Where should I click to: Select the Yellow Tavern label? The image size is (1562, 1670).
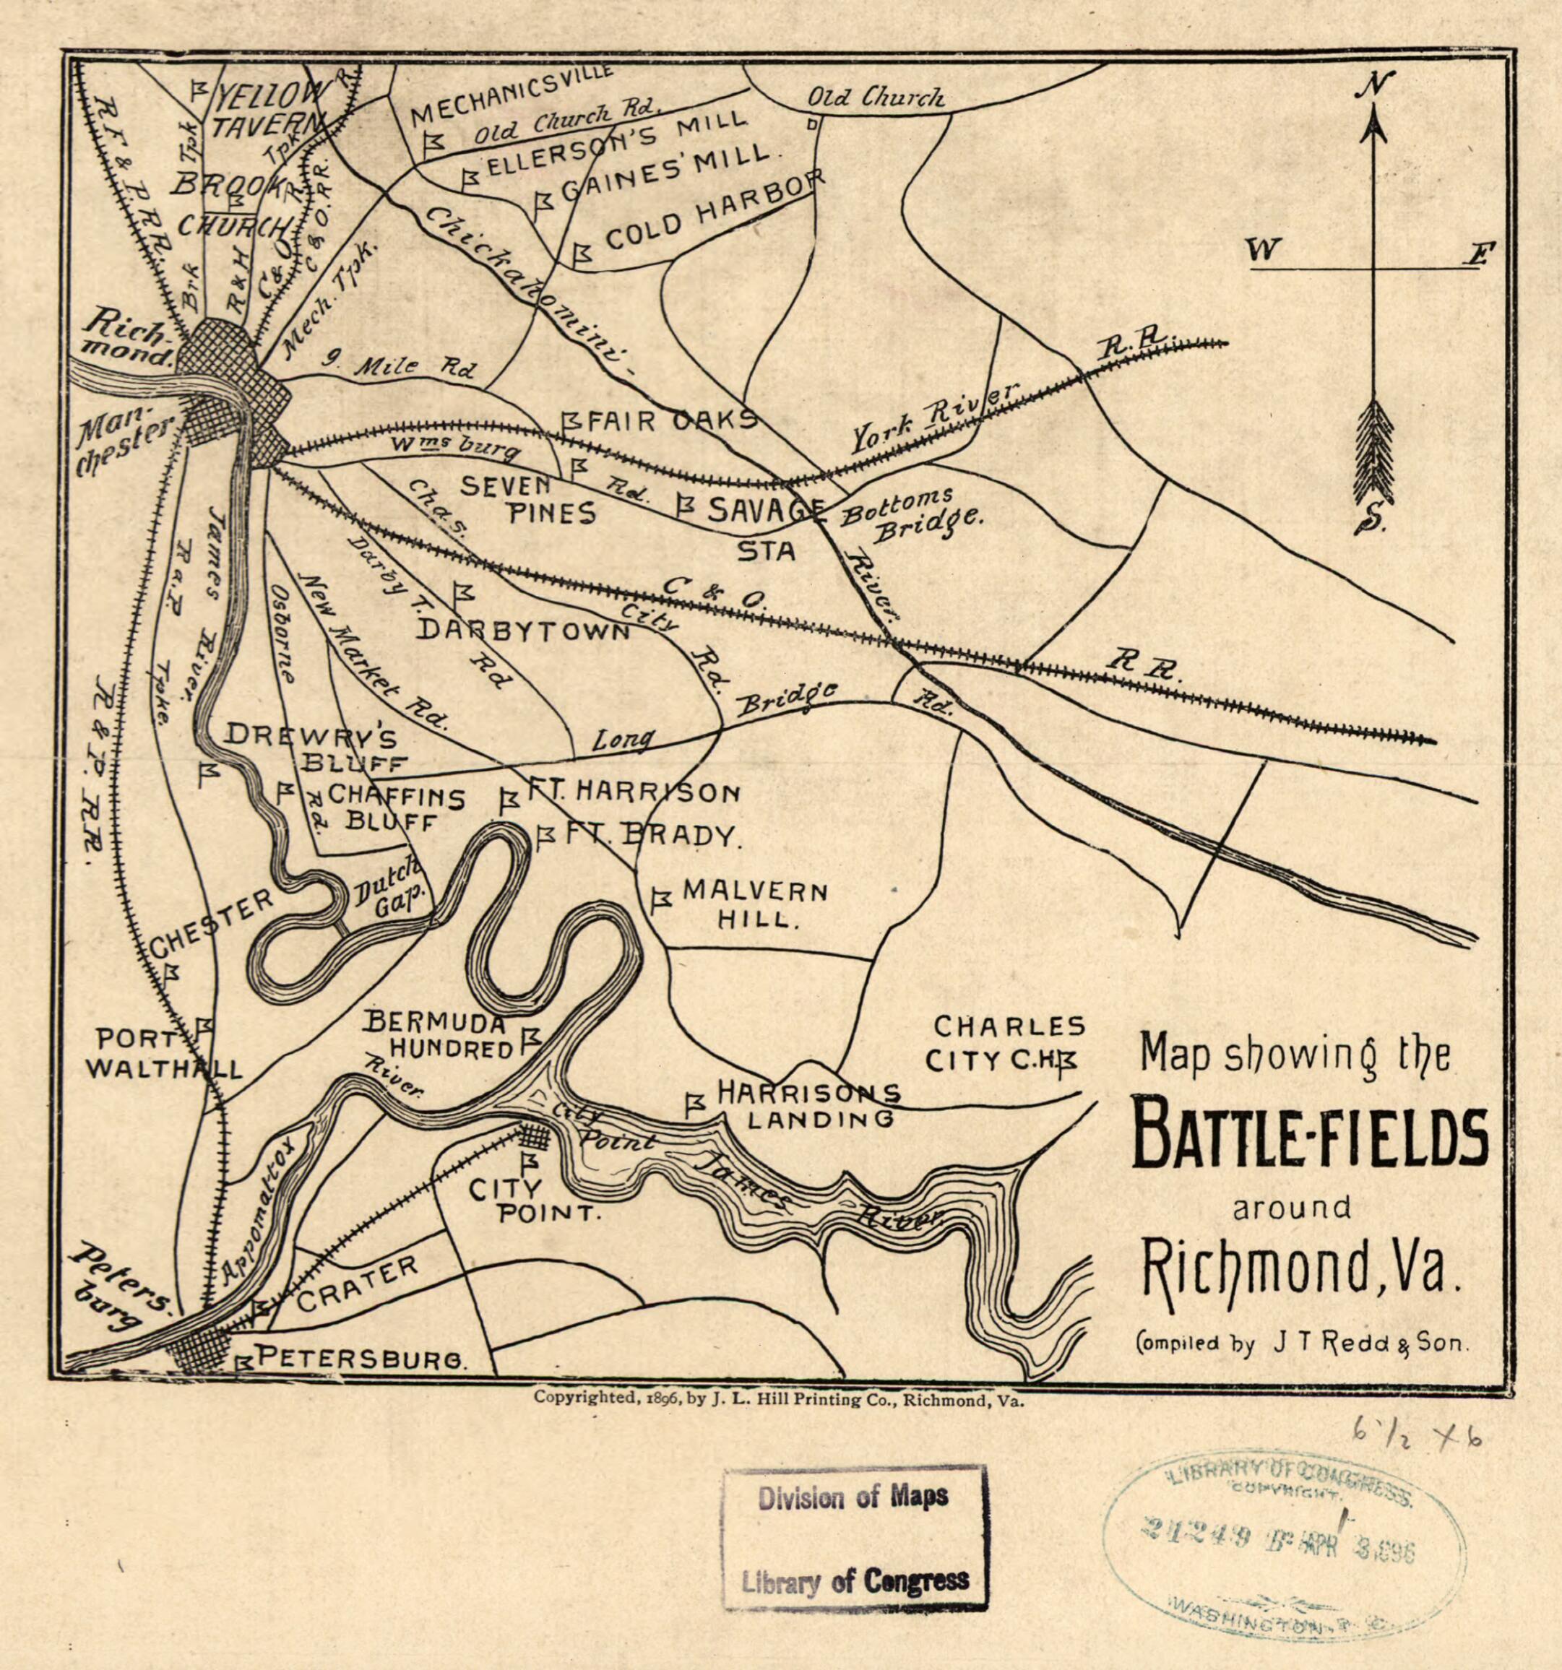[x=264, y=109]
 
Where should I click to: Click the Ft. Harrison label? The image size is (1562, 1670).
[x=633, y=792]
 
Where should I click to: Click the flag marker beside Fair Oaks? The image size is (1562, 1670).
[x=571, y=420]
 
